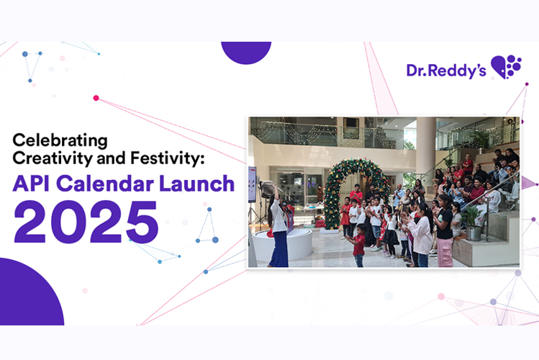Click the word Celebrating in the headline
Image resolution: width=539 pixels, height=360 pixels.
[59, 138]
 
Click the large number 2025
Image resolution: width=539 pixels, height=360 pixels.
[86, 220]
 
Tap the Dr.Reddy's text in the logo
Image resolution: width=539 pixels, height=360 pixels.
[446, 70]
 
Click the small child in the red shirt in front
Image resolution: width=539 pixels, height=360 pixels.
[359, 246]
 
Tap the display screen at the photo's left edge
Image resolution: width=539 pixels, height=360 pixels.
[252, 184]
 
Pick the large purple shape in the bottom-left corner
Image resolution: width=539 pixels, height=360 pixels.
[29, 295]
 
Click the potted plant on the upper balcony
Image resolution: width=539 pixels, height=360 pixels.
[481, 138]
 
